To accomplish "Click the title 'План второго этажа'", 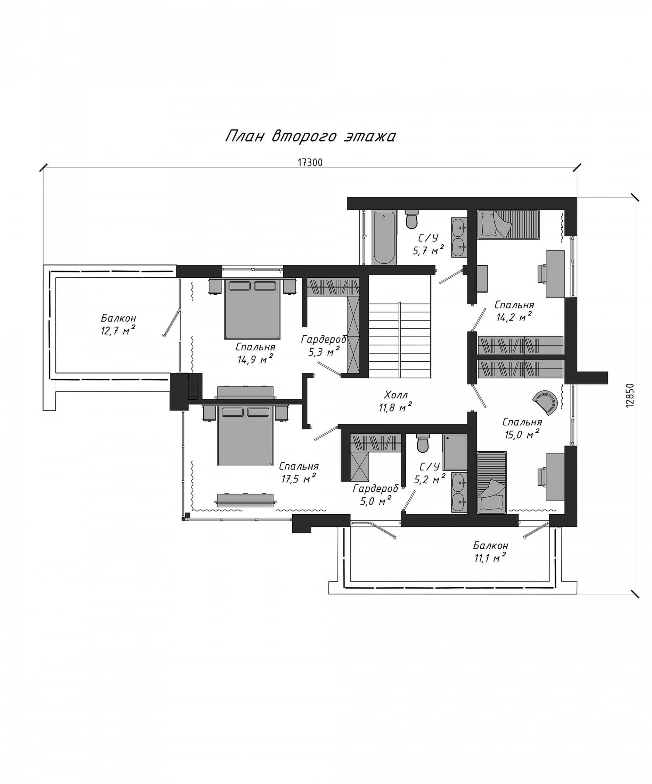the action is click(x=310, y=136).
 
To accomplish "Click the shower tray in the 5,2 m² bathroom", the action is click(x=455, y=452).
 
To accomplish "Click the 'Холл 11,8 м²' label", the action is click(x=395, y=401).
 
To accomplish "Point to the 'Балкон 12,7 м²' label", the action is click(x=118, y=325).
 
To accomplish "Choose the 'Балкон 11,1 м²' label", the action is click(x=490, y=552).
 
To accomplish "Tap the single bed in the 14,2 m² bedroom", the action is click(x=508, y=224).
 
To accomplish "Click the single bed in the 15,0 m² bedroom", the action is click(x=492, y=482).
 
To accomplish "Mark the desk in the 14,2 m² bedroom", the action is click(x=555, y=274).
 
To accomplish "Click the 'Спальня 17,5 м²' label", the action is click(x=298, y=472).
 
